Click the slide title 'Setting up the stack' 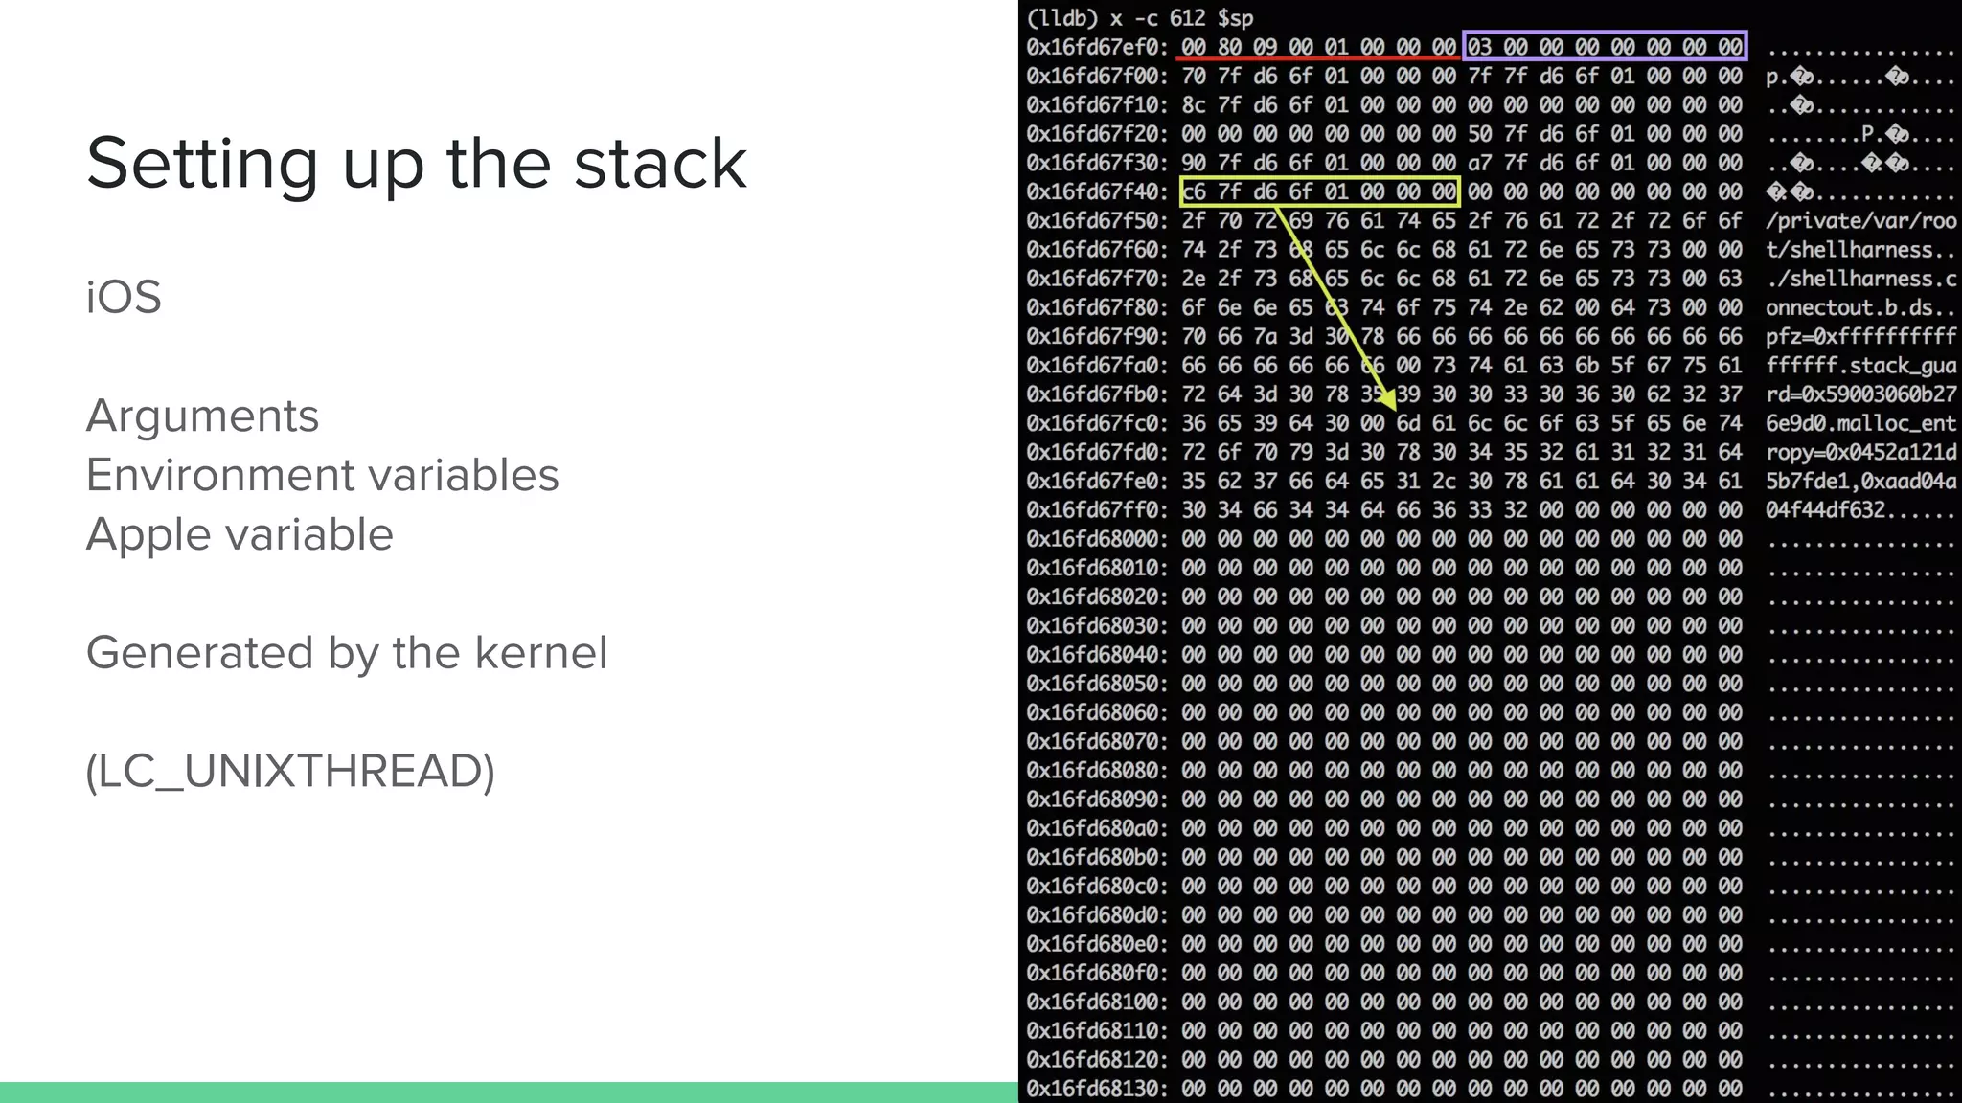pyautogui.click(x=416, y=163)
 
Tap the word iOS pyautogui.click(x=124, y=297)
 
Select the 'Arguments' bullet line pyautogui.click(x=202, y=416)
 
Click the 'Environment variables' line pyautogui.click(x=322, y=475)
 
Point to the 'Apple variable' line pyautogui.click(x=240, y=534)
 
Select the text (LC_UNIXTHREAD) pyautogui.click(x=290, y=771)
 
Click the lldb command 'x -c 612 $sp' pyautogui.click(x=1180, y=18)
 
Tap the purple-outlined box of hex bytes pyautogui.click(x=1605, y=46)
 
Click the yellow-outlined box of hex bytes pyautogui.click(x=1319, y=191)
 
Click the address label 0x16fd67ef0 pyautogui.click(x=1096, y=47)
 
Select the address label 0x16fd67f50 pyautogui.click(x=1096, y=220)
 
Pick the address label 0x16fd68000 pyautogui.click(x=1096, y=539)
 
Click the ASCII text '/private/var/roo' pyautogui.click(x=1860, y=220)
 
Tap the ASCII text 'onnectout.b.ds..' pyautogui.click(x=1860, y=307)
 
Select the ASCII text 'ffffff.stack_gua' pyautogui.click(x=1860, y=366)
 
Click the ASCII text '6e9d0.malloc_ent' pyautogui.click(x=1860, y=423)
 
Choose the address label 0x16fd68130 pyautogui.click(x=1096, y=1089)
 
